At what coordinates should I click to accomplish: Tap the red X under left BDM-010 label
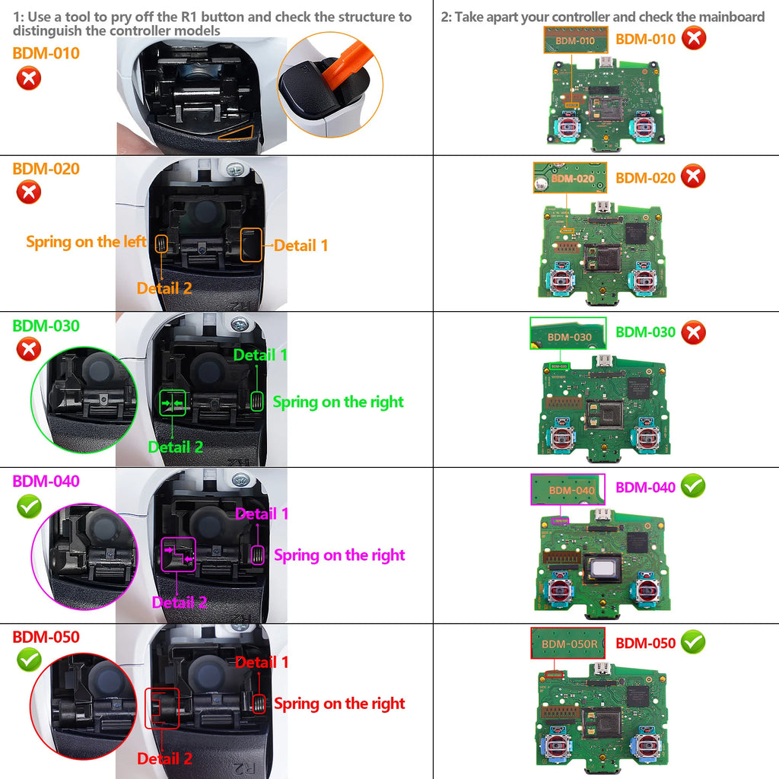(x=28, y=78)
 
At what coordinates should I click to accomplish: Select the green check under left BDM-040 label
(x=28, y=506)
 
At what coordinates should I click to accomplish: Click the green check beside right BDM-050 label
(x=692, y=642)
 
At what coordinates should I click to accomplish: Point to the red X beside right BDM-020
(x=692, y=176)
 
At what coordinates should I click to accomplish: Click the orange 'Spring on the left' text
(x=86, y=242)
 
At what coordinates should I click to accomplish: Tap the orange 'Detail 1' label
(x=301, y=245)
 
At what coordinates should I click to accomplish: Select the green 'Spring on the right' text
(x=338, y=402)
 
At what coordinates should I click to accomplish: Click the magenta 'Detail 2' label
(x=180, y=603)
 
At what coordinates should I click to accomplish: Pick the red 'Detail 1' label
(x=262, y=662)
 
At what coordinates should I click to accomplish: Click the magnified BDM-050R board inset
(x=568, y=644)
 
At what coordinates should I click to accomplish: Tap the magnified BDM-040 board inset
(x=567, y=489)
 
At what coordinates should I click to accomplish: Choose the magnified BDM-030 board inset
(x=568, y=333)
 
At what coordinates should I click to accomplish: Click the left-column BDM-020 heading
(x=46, y=169)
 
